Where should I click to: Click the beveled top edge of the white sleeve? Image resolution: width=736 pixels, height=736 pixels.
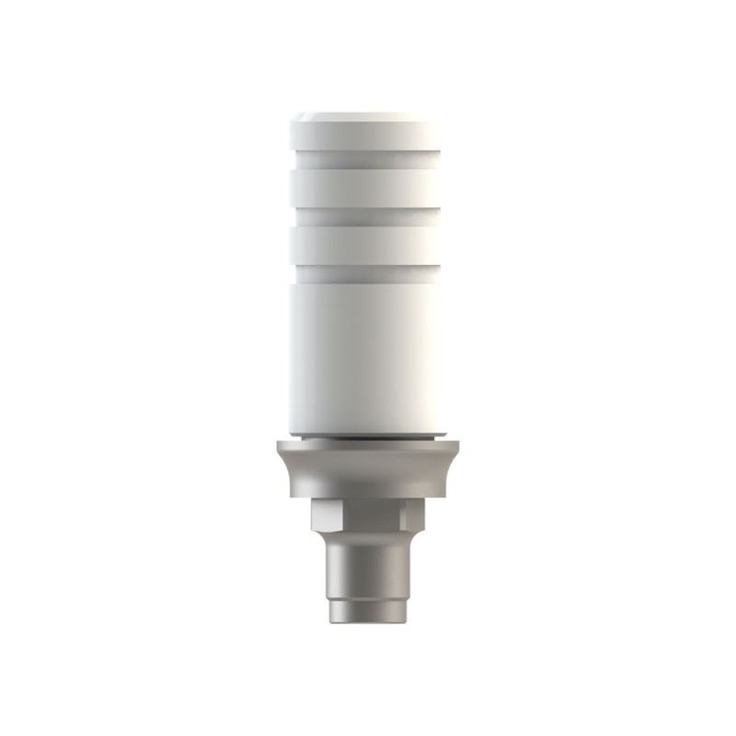pos(368,118)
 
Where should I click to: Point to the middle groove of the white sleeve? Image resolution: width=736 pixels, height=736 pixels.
pos(368,215)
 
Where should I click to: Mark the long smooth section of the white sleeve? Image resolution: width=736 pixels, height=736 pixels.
pos(368,350)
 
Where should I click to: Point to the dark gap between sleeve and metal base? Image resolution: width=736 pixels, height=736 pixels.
pos(368,438)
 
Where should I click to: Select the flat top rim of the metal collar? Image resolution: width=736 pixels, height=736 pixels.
pos(368,445)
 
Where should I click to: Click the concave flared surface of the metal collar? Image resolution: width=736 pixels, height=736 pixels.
pos(368,474)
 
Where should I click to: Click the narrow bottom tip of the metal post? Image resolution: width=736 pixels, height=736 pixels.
pos(368,612)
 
